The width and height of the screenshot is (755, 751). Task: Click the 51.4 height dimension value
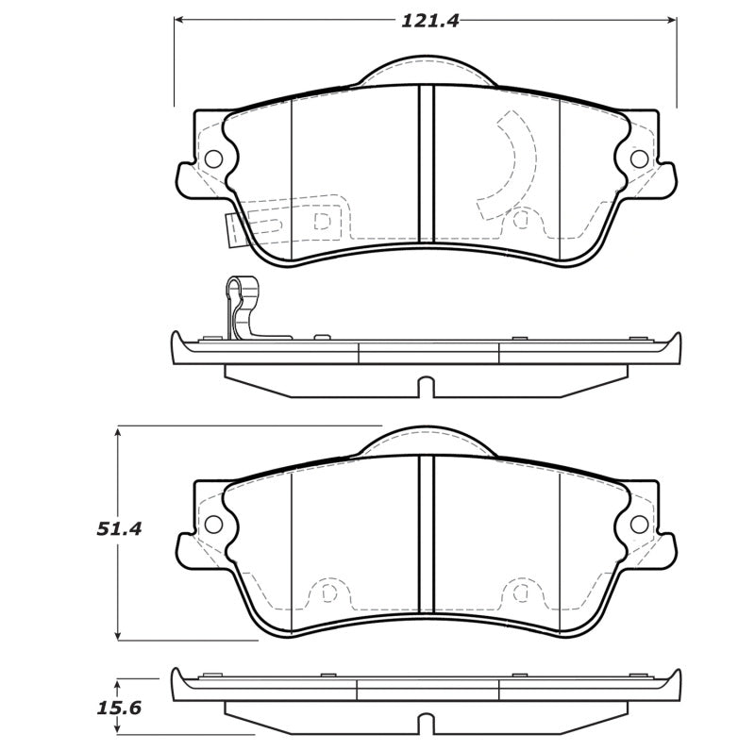click(119, 529)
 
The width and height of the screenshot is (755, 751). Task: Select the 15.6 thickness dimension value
click(119, 706)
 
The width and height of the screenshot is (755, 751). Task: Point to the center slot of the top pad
click(426, 170)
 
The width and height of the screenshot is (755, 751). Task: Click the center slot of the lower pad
click(426, 538)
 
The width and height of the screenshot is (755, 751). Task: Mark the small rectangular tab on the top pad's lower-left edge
click(235, 229)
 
